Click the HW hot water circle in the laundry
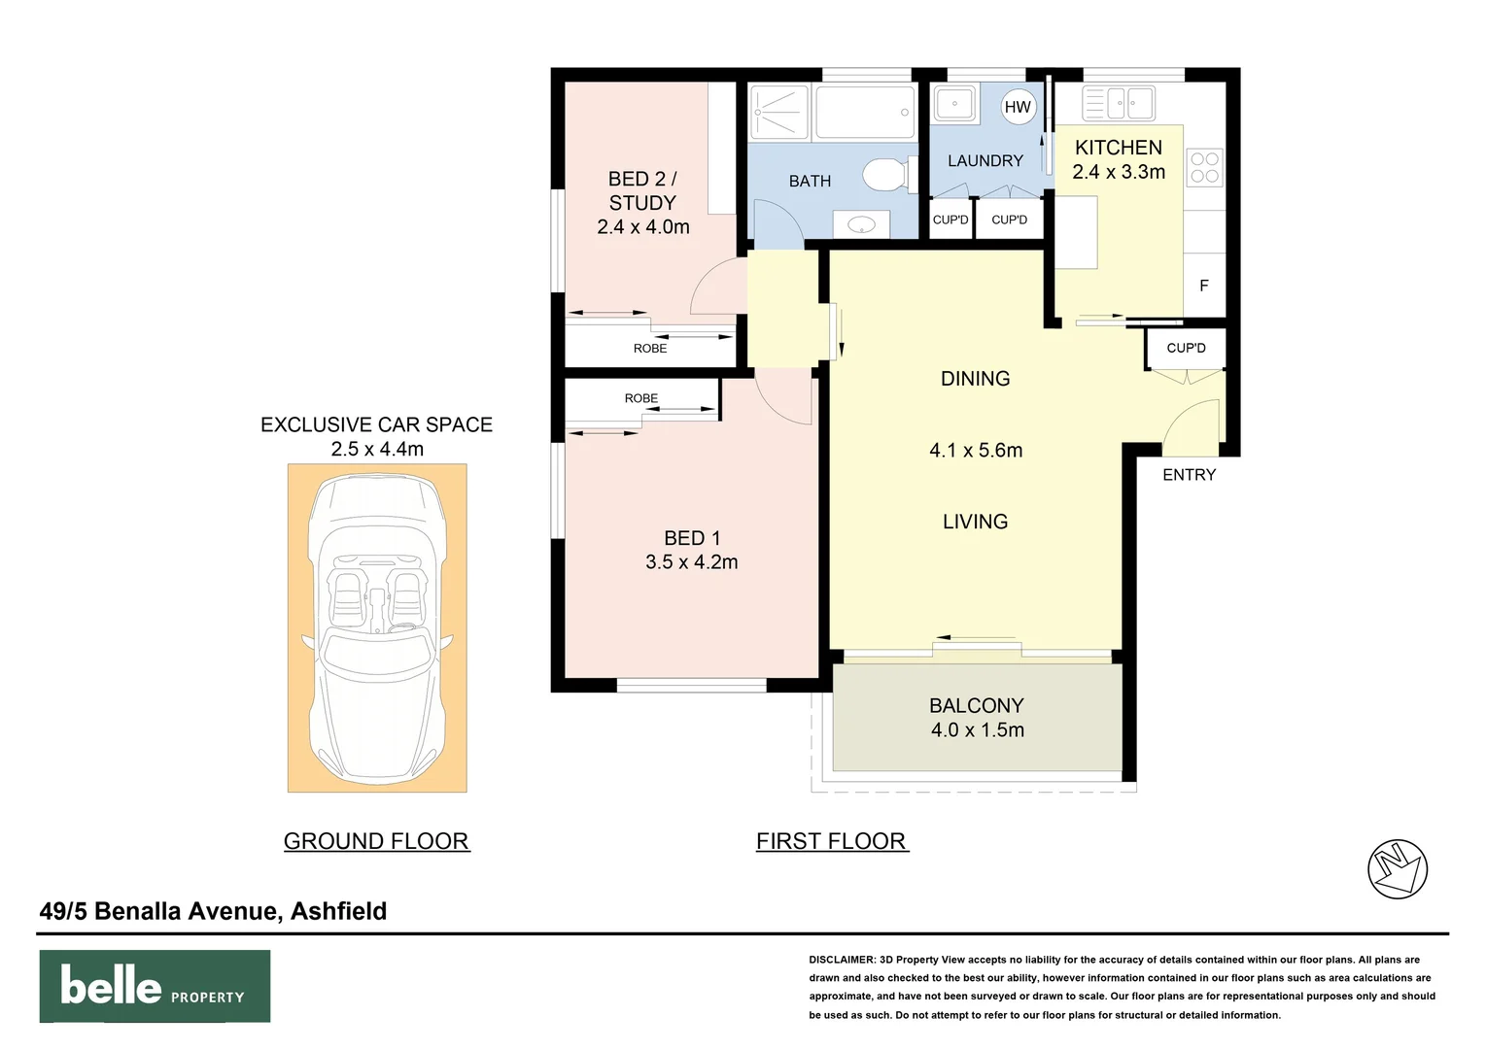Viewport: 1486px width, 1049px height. click(x=1018, y=107)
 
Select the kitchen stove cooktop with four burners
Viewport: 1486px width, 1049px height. click(x=1204, y=168)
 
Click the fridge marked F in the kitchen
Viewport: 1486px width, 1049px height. click(x=1204, y=286)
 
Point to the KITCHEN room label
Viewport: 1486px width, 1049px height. click(x=1118, y=148)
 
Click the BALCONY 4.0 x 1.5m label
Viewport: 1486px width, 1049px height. click(x=977, y=718)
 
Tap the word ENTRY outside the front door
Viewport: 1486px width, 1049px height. click(x=1189, y=475)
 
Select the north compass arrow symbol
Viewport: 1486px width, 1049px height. click(x=1397, y=868)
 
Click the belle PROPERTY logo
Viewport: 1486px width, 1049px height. click(x=155, y=986)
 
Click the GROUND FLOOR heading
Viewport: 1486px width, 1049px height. click(x=376, y=841)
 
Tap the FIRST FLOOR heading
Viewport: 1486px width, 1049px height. click(x=831, y=841)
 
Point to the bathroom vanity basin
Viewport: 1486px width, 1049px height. click(x=862, y=225)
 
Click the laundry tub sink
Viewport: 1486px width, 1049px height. click(x=954, y=103)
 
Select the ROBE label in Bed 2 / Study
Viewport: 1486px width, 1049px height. click(x=650, y=349)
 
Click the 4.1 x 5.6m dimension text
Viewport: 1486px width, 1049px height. click(x=976, y=450)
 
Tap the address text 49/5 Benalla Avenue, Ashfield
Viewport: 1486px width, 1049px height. click(x=213, y=911)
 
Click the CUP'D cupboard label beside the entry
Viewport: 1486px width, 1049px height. click(x=1186, y=348)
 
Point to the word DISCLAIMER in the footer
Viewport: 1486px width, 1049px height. click(x=842, y=960)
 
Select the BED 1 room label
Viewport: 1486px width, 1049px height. click(x=692, y=538)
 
